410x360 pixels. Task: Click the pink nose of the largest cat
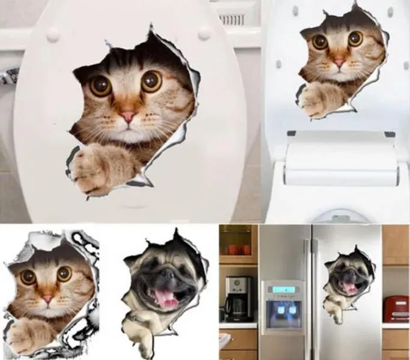coord(128,116)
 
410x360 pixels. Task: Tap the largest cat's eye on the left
coord(100,85)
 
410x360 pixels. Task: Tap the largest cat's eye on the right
coord(151,80)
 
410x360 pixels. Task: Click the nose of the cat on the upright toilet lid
coord(339,62)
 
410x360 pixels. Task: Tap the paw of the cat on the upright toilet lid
coord(318,98)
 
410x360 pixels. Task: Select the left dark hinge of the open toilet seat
coord(291,133)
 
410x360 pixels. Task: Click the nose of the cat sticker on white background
coord(47,298)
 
